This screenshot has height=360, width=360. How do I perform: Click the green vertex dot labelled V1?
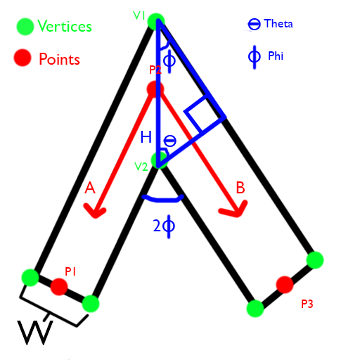pyautogui.click(x=156, y=22)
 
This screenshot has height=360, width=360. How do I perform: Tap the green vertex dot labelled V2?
pyautogui.click(x=160, y=161)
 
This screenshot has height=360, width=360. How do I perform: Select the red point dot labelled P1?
pyautogui.click(x=59, y=287)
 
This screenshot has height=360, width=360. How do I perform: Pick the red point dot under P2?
pyautogui.click(x=155, y=89)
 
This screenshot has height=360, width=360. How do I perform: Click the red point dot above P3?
pyautogui.click(x=285, y=285)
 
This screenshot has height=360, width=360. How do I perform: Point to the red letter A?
pyautogui.click(x=90, y=188)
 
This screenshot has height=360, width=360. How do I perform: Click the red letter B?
pyautogui.click(x=240, y=188)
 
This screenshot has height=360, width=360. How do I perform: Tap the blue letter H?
pyautogui.click(x=146, y=137)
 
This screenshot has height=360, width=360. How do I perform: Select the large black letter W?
pyautogui.click(x=35, y=333)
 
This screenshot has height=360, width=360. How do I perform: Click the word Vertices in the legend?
pyautogui.click(x=65, y=26)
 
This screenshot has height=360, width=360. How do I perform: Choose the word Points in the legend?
pyautogui.click(x=59, y=59)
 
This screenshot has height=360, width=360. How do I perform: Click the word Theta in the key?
pyautogui.click(x=278, y=24)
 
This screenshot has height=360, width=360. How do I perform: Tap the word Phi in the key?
pyautogui.click(x=276, y=56)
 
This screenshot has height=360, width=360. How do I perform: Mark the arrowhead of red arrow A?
pyautogui.click(x=95, y=212)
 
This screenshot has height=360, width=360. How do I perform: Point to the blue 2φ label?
pyautogui.click(x=164, y=226)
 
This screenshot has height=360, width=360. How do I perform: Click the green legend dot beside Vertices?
pyautogui.click(x=25, y=27)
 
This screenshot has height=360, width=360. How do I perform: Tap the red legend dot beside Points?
pyautogui.click(x=22, y=58)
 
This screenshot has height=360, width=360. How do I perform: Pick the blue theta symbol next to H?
pyautogui.click(x=169, y=141)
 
